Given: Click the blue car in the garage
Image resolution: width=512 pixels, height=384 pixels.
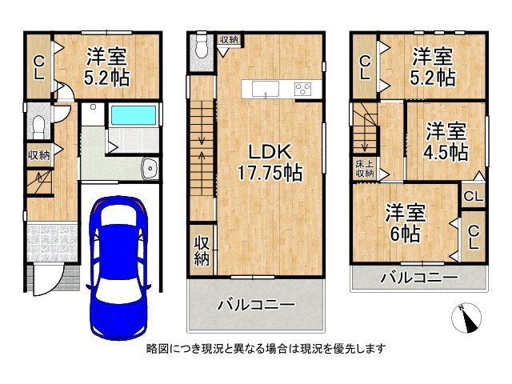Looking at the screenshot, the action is pyautogui.click(x=118, y=268).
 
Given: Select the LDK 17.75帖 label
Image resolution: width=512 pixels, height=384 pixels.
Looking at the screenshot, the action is pyautogui.click(x=269, y=162).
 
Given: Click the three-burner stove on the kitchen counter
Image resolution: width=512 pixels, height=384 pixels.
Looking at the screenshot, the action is pyautogui.click(x=302, y=89).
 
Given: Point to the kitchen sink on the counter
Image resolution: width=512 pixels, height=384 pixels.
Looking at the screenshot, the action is pyautogui.click(x=265, y=89).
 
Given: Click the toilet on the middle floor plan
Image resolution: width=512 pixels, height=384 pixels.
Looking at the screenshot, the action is pyautogui.click(x=202, y=48).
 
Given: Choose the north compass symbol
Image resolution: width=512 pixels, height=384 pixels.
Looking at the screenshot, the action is pyautogui.click(x=466, y=318).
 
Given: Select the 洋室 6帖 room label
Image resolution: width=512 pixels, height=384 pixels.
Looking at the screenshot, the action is pyautogui.click(x=406, y=223).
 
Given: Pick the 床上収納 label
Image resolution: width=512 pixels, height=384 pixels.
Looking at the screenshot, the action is pyautogui.click(x=365, y=169).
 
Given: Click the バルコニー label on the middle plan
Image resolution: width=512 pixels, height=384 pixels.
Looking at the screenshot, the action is pyautogui.click(x=256, y=306).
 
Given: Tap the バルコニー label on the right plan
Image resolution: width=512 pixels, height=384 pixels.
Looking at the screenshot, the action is pyautogui.click(x=419, y=278).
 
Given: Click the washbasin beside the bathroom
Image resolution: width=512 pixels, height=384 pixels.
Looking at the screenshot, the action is pyautogui.click(x=150, y=169).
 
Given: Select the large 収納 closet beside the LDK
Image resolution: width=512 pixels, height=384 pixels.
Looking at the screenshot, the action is pyautogui.click(x=202, y=249).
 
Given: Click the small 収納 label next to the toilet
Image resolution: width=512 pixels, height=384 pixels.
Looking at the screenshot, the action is pyautogui.click(x=229, y=40).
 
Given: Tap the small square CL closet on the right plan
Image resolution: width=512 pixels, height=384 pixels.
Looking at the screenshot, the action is pyautogui.click(x=473, y=197).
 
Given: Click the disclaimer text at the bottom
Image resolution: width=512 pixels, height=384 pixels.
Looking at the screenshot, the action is pyautogui.click(x=266, y=349).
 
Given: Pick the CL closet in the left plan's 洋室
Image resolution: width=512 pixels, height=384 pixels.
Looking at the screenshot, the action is pyautogui.click(x=38, y=67).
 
